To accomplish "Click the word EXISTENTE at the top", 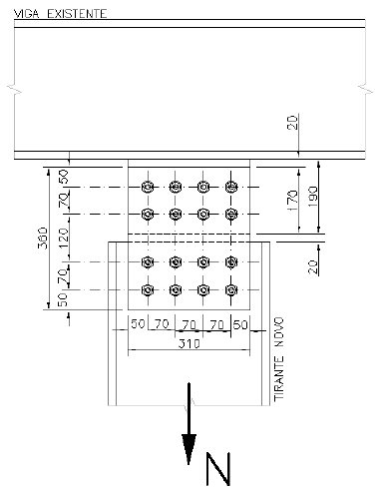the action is coord(77,14).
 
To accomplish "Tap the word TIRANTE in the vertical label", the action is coord(279,378).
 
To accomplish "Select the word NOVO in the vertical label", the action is coord(279,332).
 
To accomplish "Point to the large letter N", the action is coord(218,468).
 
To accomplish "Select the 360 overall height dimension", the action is coord(43,239).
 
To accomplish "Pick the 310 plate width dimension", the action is coord(189,343).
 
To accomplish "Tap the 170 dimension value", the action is coord(292,201).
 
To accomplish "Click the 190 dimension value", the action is coord(313,197).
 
